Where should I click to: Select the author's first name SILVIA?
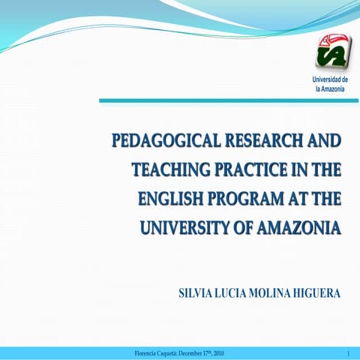point(196,292)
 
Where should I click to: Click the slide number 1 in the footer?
point(349,353)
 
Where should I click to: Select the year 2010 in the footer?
point(215,353)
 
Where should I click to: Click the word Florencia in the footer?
point(147,353)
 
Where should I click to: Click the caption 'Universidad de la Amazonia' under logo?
point(330,84)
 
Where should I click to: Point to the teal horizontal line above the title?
point(224,101)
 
